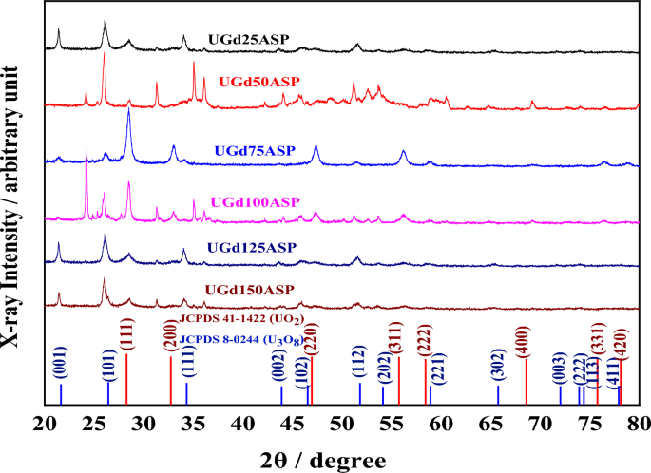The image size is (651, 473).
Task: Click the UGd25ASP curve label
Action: click(x=246, y=41)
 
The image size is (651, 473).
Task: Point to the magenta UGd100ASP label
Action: click(x=255, y=202)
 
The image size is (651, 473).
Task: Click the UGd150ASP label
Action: click(x=249, y=289)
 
